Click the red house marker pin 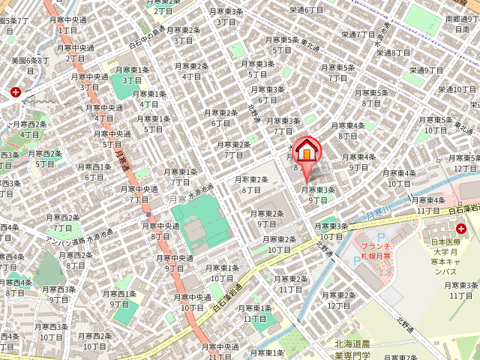(306, 153)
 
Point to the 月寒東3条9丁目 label (318, 195)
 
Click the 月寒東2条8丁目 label (251, 184)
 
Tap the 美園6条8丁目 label (30, 65)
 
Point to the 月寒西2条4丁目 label (30, 129)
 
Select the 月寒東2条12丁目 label (339, 300)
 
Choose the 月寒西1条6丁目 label (94, 172)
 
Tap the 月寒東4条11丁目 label (429, 205)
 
